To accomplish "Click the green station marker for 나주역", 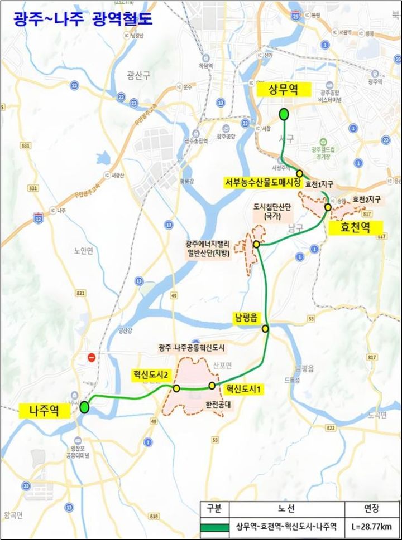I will point(84,407).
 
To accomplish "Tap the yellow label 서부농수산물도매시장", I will point(263,182).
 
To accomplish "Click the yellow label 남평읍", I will point(247,318).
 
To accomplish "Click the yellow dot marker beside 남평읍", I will point(265,329).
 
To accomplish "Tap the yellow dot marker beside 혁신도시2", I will point(176,388).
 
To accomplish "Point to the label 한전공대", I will point(218,406).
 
